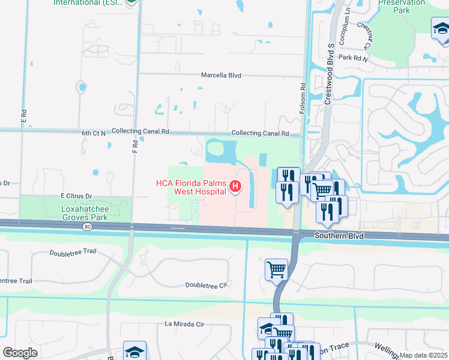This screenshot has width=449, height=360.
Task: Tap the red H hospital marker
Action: point(235,187)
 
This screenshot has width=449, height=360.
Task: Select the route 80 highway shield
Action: point(88,227)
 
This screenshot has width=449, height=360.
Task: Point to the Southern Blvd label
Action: point(339,236)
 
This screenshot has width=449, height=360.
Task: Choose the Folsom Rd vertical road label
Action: point(303,97)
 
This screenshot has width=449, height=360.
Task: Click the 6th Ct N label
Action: point(94,131)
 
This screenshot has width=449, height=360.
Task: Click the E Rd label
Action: point(25,116)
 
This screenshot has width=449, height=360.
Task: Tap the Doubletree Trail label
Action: point(74,254)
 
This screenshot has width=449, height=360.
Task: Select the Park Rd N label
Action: point(352,58)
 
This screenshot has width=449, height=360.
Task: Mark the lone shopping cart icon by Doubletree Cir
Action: point(276,270)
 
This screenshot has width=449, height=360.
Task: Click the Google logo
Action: point(20,353)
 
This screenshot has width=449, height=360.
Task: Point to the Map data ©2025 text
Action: point(424,355)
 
